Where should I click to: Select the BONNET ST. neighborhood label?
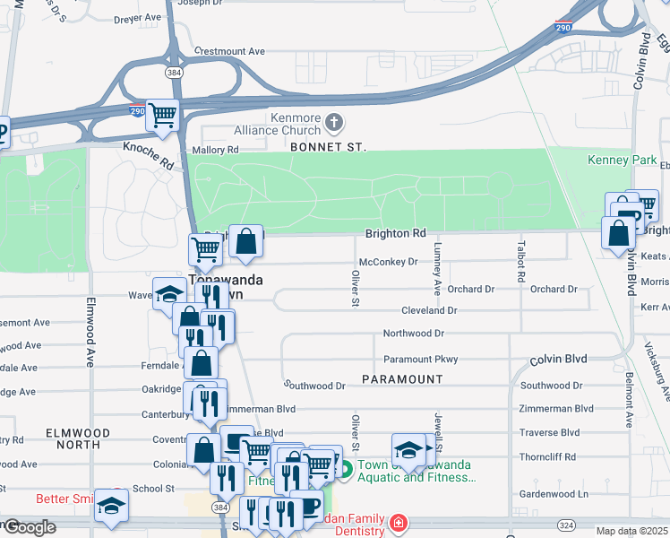pos(328,146)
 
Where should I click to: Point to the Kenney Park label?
pos(615,160)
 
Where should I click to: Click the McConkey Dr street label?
pos(388,263)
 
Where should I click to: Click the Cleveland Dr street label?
pos(429,310)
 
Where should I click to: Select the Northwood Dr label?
pos(413,334)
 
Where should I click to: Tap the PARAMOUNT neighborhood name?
pos(402,379)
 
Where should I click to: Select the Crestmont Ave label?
pos(229,51)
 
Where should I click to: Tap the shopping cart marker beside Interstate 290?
pos(162,115)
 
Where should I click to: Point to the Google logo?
pos(30,527)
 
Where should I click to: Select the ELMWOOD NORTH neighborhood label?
pos(78,438)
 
